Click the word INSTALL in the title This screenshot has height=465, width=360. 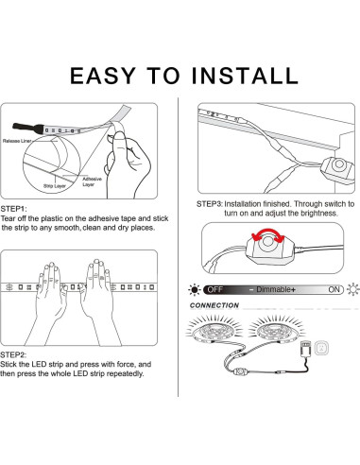tap(245, 76)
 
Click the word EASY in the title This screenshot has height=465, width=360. tap(102, 76)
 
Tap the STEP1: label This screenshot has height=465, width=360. tap(14, 209)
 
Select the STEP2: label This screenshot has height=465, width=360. tap(13, 354)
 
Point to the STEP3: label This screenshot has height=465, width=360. tap(210, 204)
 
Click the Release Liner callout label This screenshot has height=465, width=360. tap(17, 141)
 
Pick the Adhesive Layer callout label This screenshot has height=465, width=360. tap(92, 181)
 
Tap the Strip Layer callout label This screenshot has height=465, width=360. tap(55, 186)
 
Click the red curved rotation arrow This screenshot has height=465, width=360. tap(267, 233)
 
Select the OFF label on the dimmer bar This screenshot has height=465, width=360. tap(215, 289)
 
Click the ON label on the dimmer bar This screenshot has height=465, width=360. tap(334, 289)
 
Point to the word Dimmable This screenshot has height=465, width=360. tap(273, 289)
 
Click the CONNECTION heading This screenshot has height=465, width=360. tap(214, 305)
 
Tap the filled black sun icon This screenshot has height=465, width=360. tap(195, 289)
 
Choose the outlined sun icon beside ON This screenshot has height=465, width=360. tap(352, 289)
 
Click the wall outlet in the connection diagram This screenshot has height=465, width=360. tap(321, 349)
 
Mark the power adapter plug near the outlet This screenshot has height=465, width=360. tap(305, 349)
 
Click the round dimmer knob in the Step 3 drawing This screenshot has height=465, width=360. tap(339, 164)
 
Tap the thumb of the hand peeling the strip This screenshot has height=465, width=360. tap(119, 142)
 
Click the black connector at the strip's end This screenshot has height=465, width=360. tap(27, 128)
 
